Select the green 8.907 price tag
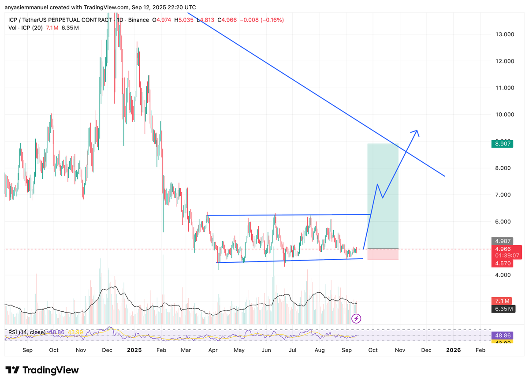pos(502,144)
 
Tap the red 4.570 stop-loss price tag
pos(502,263)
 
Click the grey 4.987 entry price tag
pos(502,241)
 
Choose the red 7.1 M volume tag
pos(502,300)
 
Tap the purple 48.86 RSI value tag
pos(502,335)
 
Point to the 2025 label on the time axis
pos(134,350)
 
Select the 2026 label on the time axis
pos(453,350)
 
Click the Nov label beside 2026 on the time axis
pos(400,350)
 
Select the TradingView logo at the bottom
pos(42,370)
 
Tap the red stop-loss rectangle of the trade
pos(383,254)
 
